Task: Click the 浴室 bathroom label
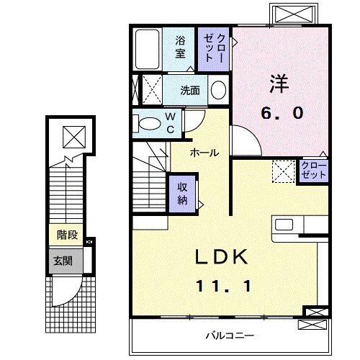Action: click(x=179, y=48)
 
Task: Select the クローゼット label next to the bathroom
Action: click(x=215, y=48)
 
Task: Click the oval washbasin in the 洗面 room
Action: click(x=218, y=91)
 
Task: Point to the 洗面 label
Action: click(x=190, y=91)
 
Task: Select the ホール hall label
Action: click(x=204, y=153)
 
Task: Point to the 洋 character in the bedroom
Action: click(x=280, y=84)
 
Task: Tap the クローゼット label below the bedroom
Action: click(x=314, y=171)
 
